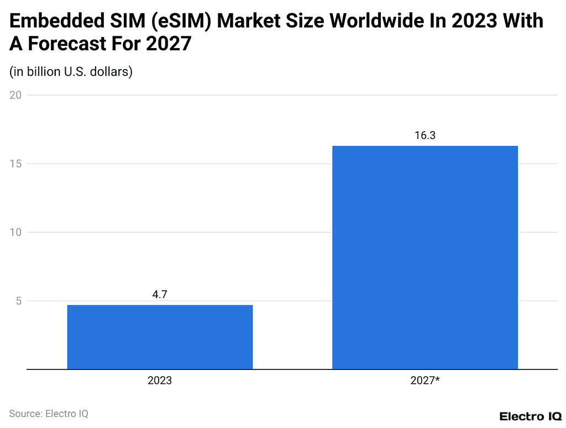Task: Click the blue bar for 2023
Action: coord(160,337)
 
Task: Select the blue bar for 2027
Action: coord(424,257)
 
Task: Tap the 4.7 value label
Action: coord(160,295)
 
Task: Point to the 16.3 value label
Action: coord(424,135)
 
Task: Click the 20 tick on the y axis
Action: coord(15,95)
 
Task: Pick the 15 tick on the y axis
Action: coord(15,164)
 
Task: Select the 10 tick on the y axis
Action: coord(15,232)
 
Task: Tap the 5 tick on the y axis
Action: coord(18,301)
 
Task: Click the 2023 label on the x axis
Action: coord(160,381)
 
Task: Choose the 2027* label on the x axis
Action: coord(424,381)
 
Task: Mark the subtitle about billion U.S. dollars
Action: coord(71,72)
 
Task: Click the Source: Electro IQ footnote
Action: coord(49,413)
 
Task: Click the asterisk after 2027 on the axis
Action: coord(437,379)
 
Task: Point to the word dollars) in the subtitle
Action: coord(113,72)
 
